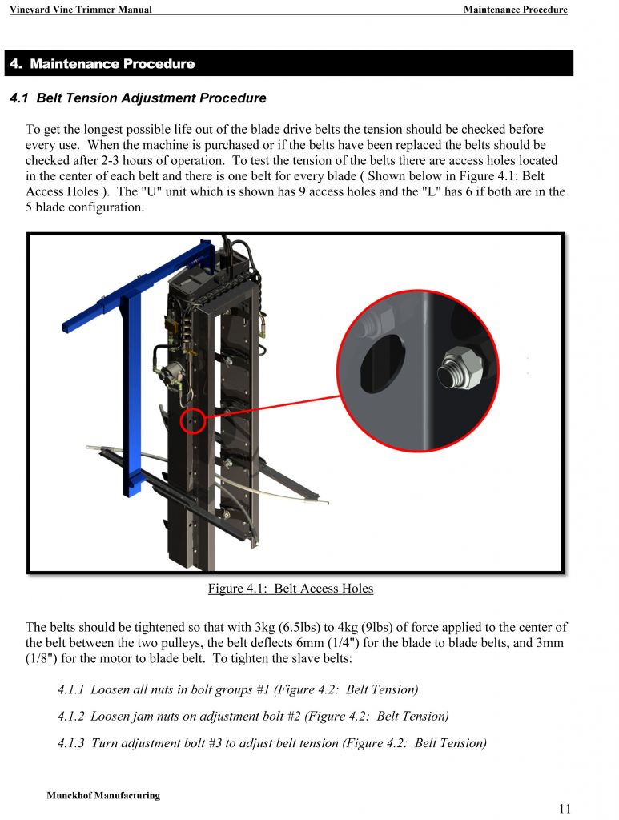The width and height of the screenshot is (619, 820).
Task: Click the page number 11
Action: tap(565, 808)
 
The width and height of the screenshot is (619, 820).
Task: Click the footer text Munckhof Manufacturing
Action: tap(103, 795)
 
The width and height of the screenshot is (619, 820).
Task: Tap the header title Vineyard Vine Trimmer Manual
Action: tap(80, 10)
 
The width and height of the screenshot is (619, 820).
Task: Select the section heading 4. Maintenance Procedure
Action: tap(102, 64)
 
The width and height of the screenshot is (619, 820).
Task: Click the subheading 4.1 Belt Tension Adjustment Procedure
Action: tap(138, 98)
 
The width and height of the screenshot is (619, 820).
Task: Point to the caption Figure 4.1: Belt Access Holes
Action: tap(291, 589)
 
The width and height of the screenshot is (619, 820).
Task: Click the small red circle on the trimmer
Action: tap(193, 419)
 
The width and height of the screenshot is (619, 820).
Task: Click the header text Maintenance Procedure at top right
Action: tap(515, 10)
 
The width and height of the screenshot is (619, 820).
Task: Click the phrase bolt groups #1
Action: tap(230, 689)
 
